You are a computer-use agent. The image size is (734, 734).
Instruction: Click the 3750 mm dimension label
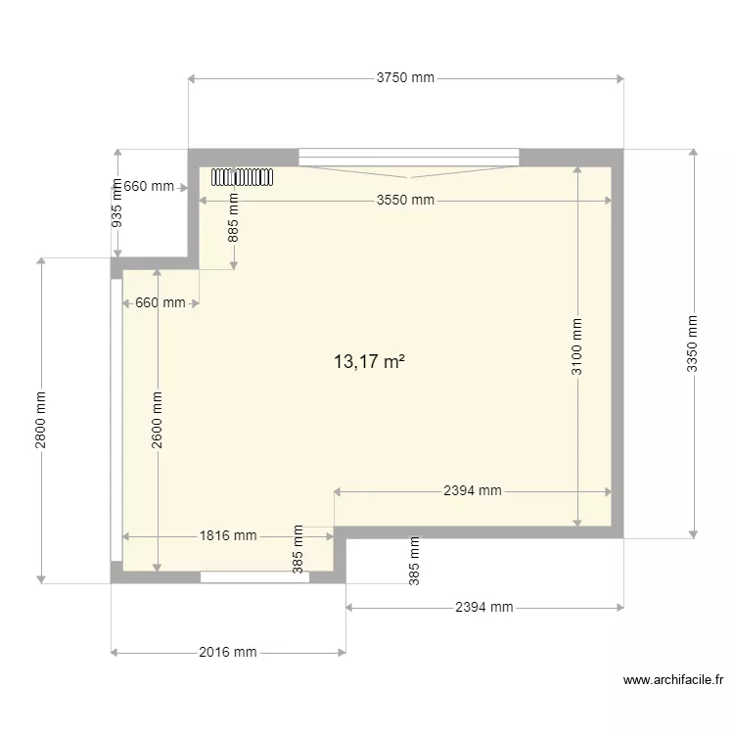(x=405, y=78)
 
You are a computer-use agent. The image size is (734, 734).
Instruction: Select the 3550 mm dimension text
(x=405, y=201)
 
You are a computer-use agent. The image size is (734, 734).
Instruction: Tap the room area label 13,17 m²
(x=369, y=362)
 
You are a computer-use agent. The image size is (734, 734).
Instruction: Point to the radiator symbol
(x=241, y=177)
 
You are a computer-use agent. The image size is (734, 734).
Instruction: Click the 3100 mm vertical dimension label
(x=577, y=347)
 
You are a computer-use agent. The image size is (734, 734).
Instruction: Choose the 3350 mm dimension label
(x=693, y=343)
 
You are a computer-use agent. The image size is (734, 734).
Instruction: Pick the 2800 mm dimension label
(x=40, y=420)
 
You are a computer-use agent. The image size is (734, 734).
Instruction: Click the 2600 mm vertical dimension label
(x=158, y=421)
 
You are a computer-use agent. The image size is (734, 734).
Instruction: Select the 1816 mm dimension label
(x=228, y=535)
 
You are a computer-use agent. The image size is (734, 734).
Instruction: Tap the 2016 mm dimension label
(x=227, y=652)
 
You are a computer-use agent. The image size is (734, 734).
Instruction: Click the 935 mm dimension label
(x=117, y=203)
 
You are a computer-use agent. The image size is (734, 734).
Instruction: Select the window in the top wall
(x=409, y=155)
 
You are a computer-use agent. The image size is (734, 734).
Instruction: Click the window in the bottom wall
(x=255, y=577)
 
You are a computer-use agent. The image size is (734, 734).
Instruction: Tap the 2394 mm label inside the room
(x=473, y=491)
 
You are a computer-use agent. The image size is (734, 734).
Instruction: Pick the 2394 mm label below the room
(x=484, y=608)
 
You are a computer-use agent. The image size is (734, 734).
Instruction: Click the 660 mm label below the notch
(x=160, y=303)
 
